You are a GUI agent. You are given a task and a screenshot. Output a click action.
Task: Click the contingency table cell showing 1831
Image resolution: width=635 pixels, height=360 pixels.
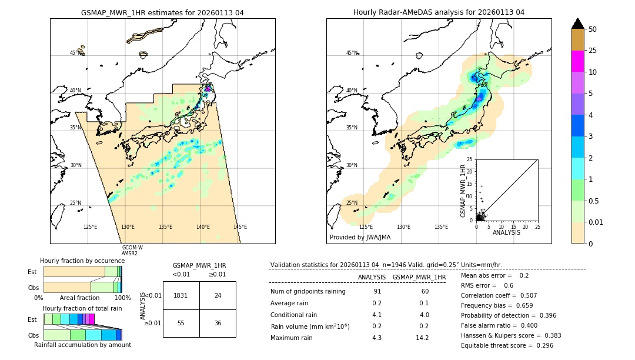click(181, 295)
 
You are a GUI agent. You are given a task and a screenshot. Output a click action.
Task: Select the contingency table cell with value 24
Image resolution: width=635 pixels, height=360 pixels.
click(218, 295)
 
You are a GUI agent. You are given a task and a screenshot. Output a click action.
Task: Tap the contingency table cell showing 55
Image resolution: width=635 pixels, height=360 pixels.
click(181, 323)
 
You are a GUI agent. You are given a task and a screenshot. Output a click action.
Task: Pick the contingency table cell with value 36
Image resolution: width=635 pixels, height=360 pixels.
click(218, 323)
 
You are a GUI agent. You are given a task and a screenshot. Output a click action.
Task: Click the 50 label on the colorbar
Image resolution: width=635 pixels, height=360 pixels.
click(593, 29)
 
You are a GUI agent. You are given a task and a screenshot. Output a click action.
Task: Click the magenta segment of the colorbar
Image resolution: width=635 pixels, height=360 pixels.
click(577, 61)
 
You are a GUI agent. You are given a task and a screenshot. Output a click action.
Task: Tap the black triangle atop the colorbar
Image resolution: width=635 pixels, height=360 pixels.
click(577, 24)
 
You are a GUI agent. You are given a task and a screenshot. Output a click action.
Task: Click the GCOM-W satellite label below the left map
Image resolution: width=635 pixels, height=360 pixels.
click(132, 248)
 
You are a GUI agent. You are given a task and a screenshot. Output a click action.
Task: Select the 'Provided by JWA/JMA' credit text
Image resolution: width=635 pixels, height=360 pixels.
click(360, 237)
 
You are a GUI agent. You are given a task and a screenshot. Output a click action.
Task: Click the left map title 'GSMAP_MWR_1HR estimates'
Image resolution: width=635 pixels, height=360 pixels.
click(162, 12)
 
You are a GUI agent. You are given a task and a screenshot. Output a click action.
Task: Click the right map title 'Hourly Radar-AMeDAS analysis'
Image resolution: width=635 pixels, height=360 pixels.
click(439, 12)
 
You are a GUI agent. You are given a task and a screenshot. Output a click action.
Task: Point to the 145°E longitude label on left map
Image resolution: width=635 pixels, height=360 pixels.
click(240, 227)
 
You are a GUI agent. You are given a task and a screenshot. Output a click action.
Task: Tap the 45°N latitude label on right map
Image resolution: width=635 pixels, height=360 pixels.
click(352, 53)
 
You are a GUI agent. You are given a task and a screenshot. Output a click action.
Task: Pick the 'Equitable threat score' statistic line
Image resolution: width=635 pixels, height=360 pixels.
click(507, 345)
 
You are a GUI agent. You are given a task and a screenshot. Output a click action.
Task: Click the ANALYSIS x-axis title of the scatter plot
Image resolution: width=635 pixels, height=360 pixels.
click(506, 232)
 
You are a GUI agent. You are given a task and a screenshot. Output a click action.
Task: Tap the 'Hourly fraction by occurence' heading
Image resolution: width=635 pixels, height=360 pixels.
click(82, 261)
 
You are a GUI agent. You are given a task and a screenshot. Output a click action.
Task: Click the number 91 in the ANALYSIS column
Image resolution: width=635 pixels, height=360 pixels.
click(377, 292)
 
